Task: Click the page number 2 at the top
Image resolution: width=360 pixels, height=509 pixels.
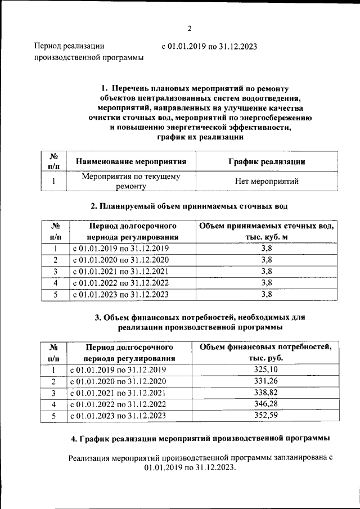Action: [190, 29]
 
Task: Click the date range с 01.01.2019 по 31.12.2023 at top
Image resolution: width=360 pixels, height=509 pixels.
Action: [209, 47]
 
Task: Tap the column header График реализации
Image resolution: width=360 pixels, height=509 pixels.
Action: [267, 162]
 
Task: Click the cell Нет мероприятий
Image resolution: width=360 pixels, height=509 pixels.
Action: [267, 181]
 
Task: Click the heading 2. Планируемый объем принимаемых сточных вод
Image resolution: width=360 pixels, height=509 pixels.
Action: [189, 206]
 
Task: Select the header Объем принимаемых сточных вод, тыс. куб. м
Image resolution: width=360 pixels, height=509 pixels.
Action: [267, 231]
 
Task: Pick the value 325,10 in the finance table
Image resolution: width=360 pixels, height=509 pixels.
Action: [267, 370]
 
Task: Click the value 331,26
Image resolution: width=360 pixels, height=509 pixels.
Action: [267, 381]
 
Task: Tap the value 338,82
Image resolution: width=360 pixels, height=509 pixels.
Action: [267, 393]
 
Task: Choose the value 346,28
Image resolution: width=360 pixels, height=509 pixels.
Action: [267, 404]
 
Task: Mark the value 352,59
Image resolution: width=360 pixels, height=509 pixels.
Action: [267, 416]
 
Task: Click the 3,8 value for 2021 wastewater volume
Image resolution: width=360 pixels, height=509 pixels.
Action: [267, 271]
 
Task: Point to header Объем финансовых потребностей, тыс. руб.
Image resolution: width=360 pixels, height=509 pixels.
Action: [267, 352]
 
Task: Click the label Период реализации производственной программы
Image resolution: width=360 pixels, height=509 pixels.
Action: [88, 52]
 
